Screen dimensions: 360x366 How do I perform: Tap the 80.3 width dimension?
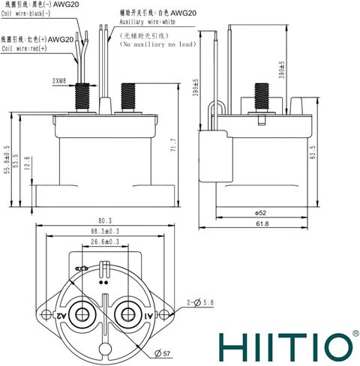coord(105,221)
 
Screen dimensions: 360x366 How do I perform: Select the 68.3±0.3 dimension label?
coord(105,232)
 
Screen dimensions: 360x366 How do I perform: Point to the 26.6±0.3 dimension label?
coord(105,242)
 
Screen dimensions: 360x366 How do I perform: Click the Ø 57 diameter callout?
coord(162,353)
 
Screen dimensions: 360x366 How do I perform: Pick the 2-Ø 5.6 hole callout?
coord(200,302)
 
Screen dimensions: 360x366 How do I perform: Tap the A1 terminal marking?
coord(148,316)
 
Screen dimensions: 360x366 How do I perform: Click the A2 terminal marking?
coord(61,316)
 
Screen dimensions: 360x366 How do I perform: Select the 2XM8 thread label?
coord(59,81)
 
